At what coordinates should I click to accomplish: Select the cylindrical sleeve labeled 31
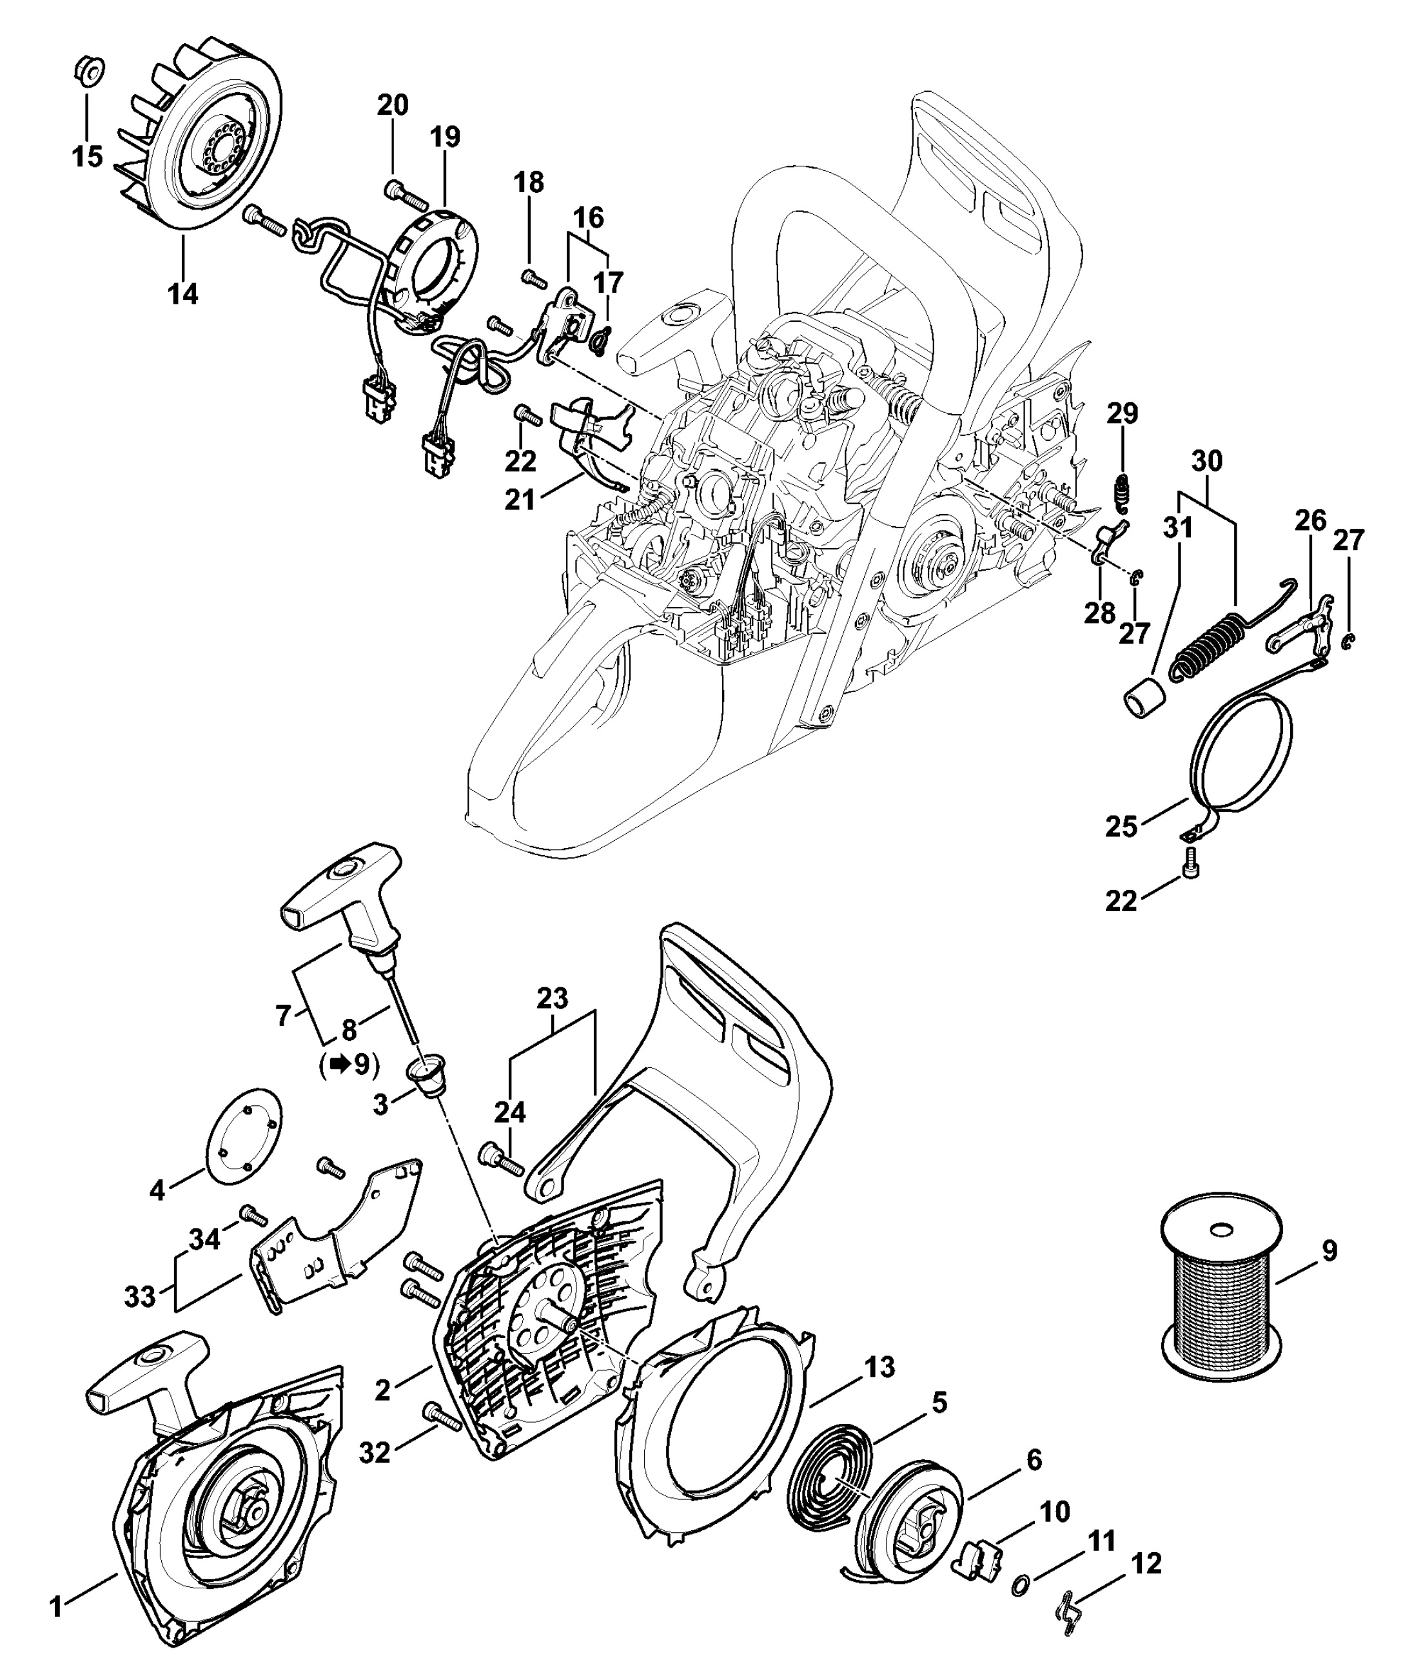pyautogui.click(x=1144, y=698)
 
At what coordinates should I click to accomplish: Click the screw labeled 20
pyautogui.click(x=402, y=192)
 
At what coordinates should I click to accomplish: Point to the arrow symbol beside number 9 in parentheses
pyautogui.click(x=341, y=1065)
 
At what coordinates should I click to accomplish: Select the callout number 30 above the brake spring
pyautogui.click(x=1207, y=460)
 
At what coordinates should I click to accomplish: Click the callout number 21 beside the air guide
pyautogui.click(x=520, y=500)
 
